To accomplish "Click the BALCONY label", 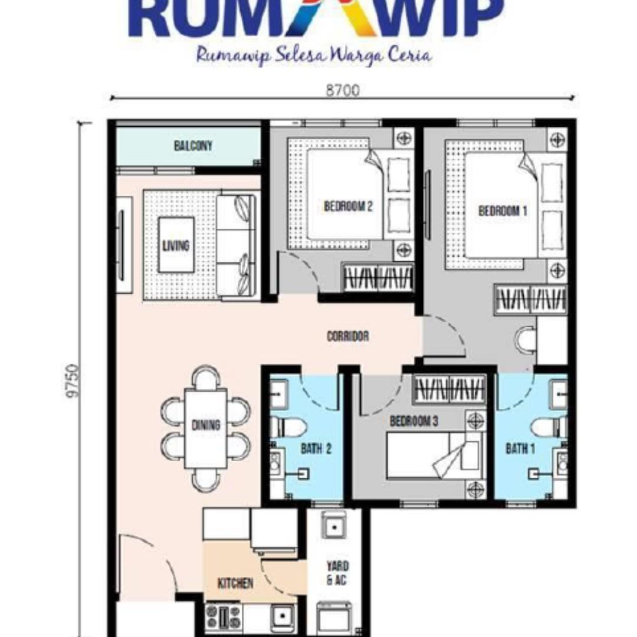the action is click(193, 146).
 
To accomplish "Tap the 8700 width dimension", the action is click(343, 90).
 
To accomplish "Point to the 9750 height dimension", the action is click(73, 380).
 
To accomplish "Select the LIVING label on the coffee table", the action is click(176, 245).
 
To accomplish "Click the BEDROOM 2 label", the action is click(348, 206).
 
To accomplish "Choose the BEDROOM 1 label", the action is click(503, 211).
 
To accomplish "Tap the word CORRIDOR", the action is click(348, 336).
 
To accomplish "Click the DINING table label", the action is click(206, 425).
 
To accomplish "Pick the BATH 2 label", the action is click(316, 449).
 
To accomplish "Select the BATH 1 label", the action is click(520, 449).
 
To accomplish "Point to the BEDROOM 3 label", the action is click(414, 421).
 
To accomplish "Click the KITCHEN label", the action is click(235, 583).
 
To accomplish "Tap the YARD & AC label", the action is click(337, 573).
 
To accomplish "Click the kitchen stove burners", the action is click(223, 616).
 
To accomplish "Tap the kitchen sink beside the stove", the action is click(283, 617).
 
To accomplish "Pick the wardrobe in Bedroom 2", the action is click(378, 277).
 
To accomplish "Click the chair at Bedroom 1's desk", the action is click(526, 340).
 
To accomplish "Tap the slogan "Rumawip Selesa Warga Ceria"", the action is click(314, 55).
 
